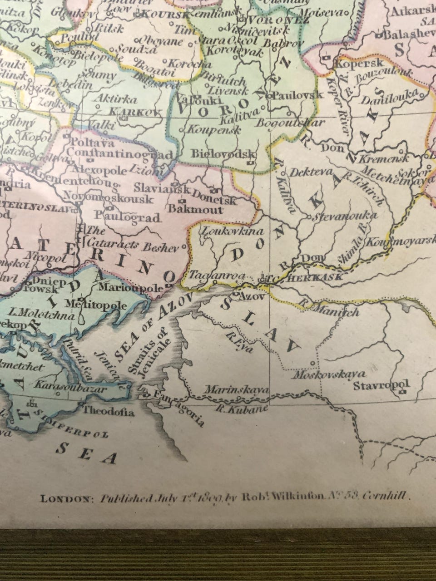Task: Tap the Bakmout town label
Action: [x=195, y=209]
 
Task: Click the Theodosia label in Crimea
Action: [x=108, y=412]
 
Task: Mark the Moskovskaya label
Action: [x=329, y=374]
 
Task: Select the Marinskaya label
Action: [x=237, y=389]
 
